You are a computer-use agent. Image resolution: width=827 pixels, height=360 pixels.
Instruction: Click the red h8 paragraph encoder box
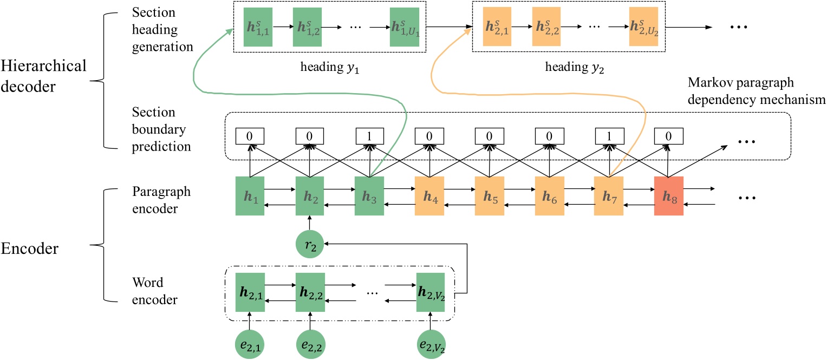pos(668,195)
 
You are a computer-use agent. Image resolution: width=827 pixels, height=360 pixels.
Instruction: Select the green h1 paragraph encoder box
pos(250,195)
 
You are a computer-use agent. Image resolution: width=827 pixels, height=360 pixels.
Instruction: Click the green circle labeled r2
pos(310,244)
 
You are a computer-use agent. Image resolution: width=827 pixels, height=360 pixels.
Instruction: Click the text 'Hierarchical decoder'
pos(43,76)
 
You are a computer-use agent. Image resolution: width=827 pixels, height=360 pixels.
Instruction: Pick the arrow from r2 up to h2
pos(310,223)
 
